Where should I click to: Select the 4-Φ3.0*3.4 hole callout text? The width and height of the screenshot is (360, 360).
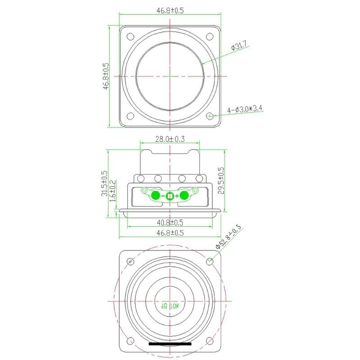click(x=245, y=108)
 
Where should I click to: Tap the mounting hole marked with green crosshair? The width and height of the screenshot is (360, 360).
click(x=210, y=116)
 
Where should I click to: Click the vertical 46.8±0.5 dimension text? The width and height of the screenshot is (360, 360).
click(x=106, y=76)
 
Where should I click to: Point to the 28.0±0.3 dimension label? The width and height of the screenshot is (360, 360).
click(x=170, y=139)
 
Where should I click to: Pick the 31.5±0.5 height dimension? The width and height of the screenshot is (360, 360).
click(x=104, y=183)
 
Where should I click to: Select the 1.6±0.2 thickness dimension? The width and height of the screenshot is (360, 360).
click(x=113, y=190)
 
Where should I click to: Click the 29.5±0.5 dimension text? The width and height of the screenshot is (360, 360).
click(x=220, y=180)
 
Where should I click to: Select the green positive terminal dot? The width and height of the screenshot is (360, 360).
click(x=184, y=195)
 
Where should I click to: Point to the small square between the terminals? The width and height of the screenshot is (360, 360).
click(x=170, y=196)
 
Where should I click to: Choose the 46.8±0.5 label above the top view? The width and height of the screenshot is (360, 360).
click(x=170, y=11)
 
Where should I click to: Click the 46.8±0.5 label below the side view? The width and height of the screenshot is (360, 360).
click(x=170, y=233)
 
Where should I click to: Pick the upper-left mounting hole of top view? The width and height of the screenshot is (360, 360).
click(x=130, y=36)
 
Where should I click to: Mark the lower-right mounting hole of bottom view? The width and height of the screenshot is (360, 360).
click(x=210, y=340)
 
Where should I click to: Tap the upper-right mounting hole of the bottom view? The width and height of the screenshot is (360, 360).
click(x=210, y=261)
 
